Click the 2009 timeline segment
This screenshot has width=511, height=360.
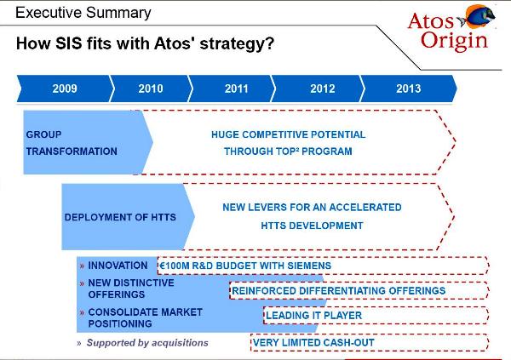(x=64, y=89)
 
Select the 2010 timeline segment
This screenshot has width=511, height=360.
(x=150, y=89)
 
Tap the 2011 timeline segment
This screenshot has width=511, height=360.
(x=236, y=89)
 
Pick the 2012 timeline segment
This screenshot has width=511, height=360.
(x=322, y=89)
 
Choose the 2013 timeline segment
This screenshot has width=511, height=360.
(x=408, y=89)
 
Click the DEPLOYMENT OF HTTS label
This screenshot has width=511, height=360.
(x=120, y=217)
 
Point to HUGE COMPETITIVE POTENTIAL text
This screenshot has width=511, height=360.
(x=288, y=134)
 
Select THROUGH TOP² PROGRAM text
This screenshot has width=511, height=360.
(x=288, y=151)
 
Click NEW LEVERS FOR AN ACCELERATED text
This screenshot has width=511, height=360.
(x=312, y=207)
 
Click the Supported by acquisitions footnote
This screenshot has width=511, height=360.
(x=141, y=343)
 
